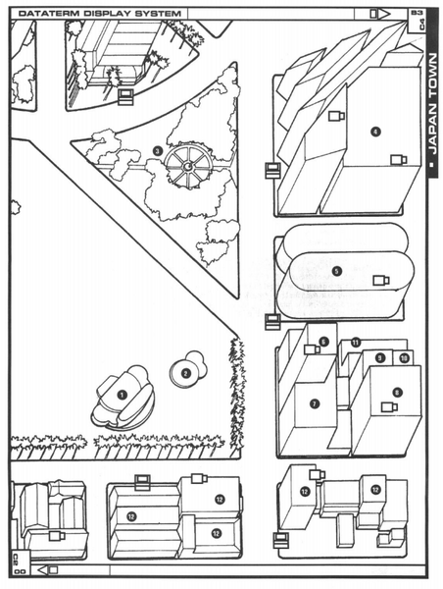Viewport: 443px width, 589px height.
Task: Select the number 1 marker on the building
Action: point(123,394)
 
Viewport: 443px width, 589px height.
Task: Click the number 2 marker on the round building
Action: point(183,372)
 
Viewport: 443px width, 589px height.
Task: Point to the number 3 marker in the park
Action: point(157,150)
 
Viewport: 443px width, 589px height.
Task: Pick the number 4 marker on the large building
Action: point(375,131)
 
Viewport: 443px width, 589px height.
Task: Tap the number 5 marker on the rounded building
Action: point(336,271)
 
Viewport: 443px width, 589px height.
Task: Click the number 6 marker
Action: point(323,341)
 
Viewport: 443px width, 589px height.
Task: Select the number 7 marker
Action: point(314,402)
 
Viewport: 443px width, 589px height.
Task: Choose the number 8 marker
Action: point(397,392)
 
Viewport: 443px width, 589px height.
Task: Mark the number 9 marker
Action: point(380,358)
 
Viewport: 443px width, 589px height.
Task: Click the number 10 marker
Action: point(403,358)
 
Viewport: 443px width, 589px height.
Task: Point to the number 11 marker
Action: point(356,342)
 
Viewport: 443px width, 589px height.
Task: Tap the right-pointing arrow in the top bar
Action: point(374,12)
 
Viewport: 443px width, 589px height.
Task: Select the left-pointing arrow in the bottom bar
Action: point(52,568)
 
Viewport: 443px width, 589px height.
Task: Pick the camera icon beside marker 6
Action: point(311,348)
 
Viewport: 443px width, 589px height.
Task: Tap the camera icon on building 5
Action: point(380,281)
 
